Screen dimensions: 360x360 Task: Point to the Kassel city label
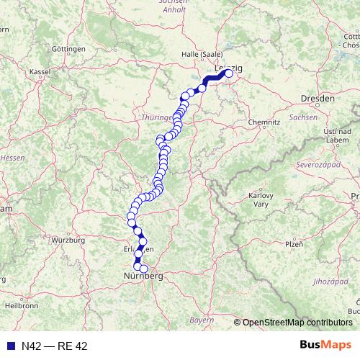[40, 72]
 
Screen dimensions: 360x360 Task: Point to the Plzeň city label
[293, 244]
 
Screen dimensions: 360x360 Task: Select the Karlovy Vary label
[260, 199]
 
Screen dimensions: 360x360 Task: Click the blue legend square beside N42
[9, 346]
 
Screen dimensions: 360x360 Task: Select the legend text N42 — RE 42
[55, 346]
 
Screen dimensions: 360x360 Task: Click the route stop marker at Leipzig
[230, 73]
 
